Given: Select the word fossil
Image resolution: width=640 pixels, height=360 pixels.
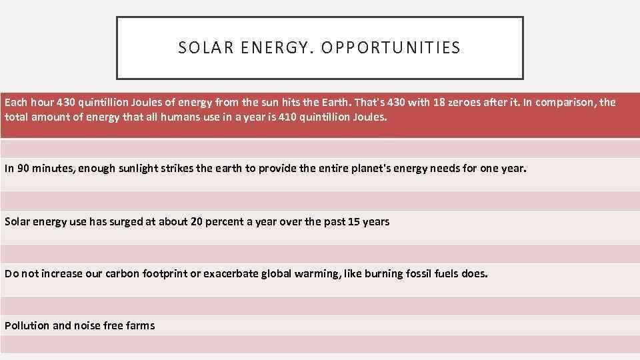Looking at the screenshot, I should (x=417, y=274).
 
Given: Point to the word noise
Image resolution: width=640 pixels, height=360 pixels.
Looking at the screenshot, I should (x=87, y=326).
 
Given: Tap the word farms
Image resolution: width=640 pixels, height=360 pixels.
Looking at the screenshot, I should (x=140, y=326).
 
